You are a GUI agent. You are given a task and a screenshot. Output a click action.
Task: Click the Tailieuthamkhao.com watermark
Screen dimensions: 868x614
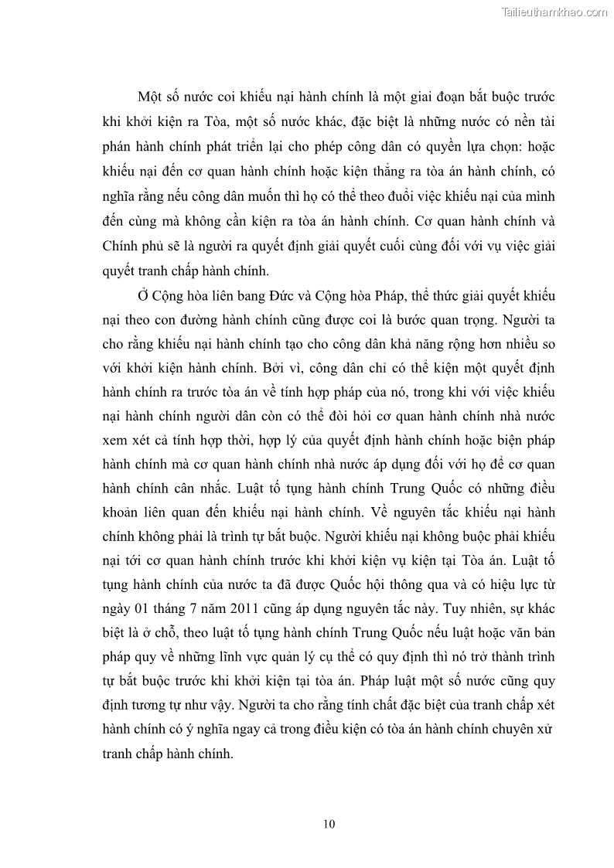tap(554, 12)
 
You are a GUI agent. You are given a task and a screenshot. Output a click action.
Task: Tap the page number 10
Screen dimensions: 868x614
tap(329, 824)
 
